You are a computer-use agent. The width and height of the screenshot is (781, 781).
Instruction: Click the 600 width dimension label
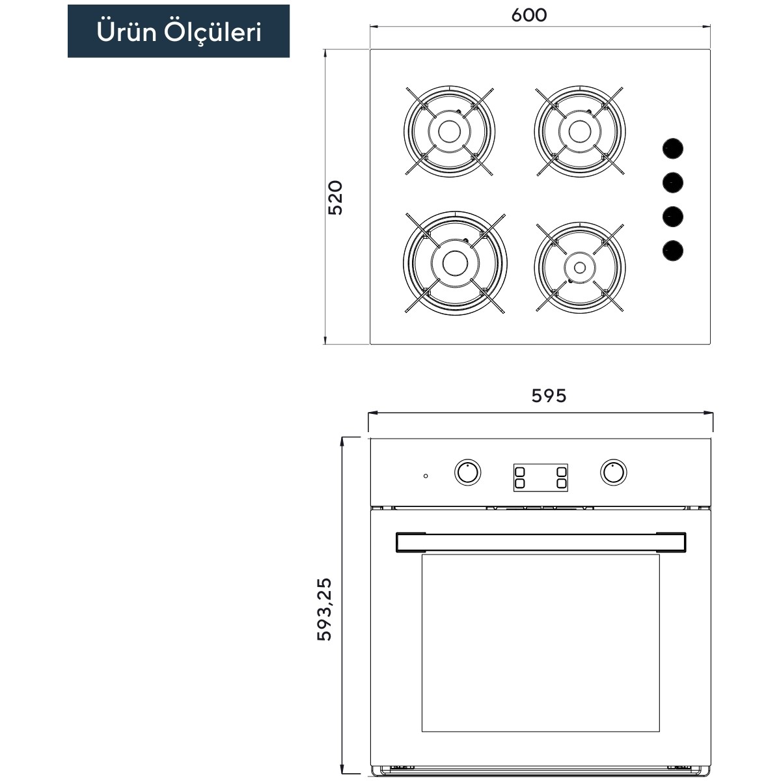point(528,16)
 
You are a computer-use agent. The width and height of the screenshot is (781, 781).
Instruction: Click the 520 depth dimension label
point(335,198)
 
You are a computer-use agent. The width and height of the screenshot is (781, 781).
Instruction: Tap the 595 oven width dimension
point(549,396)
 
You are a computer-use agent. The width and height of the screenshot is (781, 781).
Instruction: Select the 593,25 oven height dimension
point(324,609)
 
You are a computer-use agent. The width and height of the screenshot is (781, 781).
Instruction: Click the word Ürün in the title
point(127,32)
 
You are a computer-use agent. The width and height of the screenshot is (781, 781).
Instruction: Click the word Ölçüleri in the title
point(213,33)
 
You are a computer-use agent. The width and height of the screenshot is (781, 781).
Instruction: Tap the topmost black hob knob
point(673,148)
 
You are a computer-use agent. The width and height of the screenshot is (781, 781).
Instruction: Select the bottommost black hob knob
point(673,251)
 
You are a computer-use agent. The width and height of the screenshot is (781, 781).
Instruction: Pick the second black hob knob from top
point(673,182)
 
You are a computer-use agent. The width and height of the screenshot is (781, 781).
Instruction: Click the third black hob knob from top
point(673,217)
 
